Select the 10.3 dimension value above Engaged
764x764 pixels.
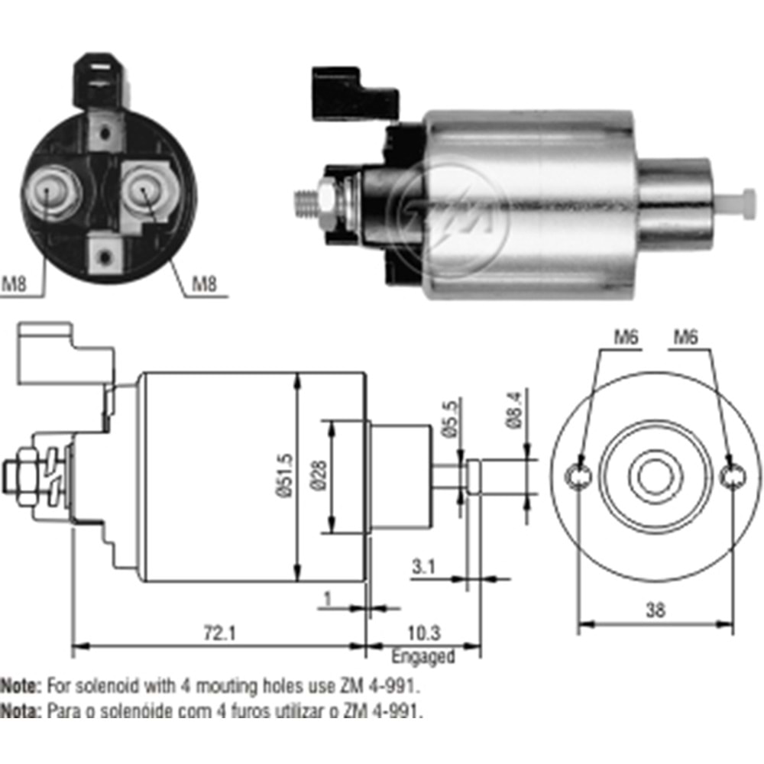424,633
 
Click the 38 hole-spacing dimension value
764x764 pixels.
655,609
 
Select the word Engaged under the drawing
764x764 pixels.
423,656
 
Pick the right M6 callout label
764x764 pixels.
688,337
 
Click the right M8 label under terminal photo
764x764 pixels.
203,284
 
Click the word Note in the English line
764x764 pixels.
21,683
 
